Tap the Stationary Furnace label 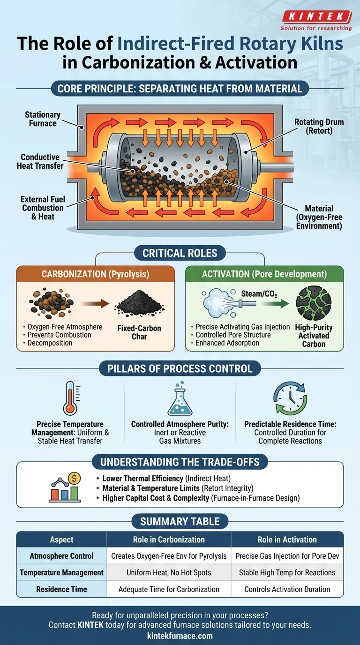[43, 119]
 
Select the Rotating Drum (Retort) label [319, 127]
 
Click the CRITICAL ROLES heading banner [180, 253]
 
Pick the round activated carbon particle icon [314, 303]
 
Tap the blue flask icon [180, 398]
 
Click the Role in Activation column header [287, 540]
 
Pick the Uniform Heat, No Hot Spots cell [169, 572]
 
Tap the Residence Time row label [61, 589]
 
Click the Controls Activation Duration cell [287, 589]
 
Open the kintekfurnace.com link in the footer [180, 636]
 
